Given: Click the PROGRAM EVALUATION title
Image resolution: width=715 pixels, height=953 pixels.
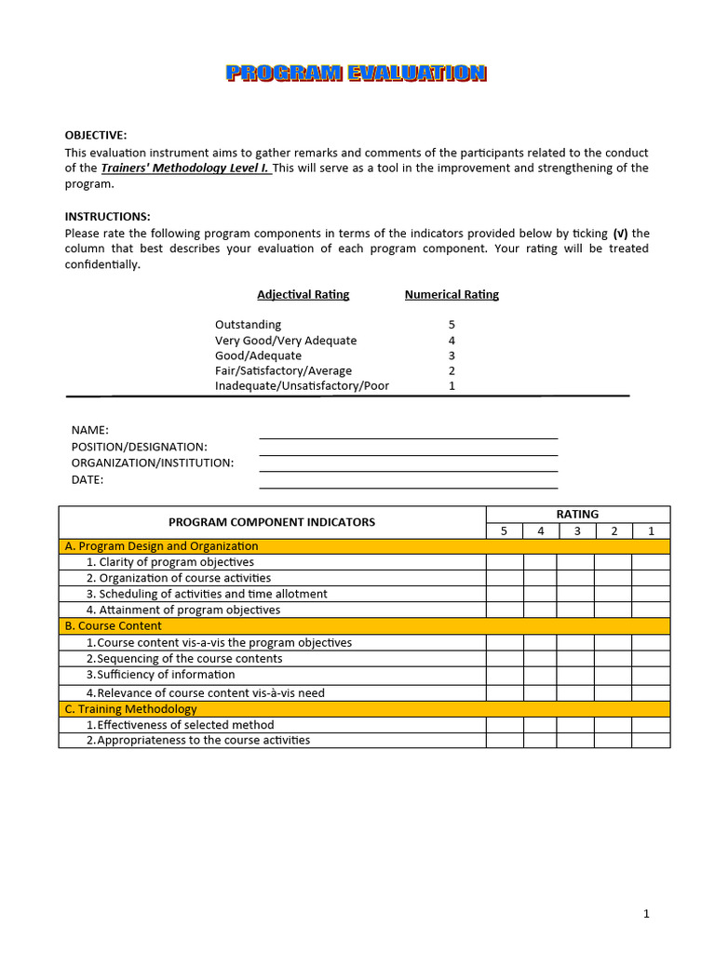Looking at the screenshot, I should [x=357, y=74].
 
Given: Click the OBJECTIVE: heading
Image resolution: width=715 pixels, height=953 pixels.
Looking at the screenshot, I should [x=96, y=136].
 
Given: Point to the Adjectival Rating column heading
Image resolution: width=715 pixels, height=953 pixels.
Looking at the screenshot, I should [x=303, y=295].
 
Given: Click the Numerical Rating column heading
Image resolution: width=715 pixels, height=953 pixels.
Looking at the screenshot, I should [x=452, y=295].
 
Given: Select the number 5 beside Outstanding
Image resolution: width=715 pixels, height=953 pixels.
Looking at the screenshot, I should [x=452, y=325].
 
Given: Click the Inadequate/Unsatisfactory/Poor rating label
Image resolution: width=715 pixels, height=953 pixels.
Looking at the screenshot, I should [x=302, y=385].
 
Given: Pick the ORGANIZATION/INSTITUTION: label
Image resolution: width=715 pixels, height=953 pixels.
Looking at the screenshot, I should [x=153, y=463].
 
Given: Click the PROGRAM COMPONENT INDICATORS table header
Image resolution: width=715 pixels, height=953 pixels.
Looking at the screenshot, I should [x=272, y=522].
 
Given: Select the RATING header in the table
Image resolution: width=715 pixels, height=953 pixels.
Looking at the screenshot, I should [x=577, y=514].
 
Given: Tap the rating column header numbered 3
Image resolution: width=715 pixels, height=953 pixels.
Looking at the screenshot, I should [x=576, y=530].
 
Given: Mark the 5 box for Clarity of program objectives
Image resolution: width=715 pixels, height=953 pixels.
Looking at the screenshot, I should [x=505, y=562].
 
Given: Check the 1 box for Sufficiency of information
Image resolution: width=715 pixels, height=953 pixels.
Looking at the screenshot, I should [x=651, y=675].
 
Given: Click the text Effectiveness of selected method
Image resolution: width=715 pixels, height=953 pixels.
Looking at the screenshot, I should [x=185, y=725].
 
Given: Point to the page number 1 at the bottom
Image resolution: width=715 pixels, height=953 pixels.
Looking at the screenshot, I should [x=646, y=914].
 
